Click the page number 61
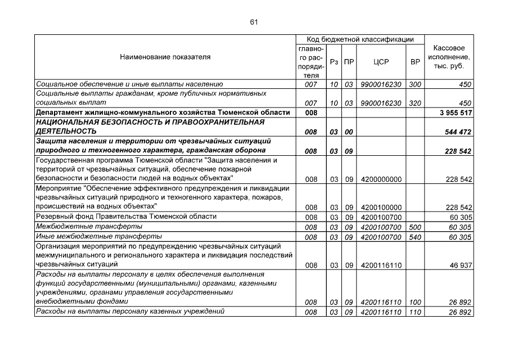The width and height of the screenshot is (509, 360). point(254,22)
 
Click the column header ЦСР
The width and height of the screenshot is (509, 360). point(381,62)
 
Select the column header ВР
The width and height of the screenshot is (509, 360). point(415,62)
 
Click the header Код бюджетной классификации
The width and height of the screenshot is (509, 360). point(360,40)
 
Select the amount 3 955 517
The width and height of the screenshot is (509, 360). point(454,112)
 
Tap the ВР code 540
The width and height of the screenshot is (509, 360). point(415,237)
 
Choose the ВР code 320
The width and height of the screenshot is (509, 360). point(415,103)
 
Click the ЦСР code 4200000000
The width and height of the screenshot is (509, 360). point(381,179)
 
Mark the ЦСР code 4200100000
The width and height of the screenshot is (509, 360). point(381,208)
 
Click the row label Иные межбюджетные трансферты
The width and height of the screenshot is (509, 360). point(98,236)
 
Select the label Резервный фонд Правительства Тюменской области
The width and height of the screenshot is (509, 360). point(127,217)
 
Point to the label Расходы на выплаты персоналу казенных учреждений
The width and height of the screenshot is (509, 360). point(130,312)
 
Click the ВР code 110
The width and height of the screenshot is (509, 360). point(415,312)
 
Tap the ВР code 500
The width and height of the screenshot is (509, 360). point(415,227)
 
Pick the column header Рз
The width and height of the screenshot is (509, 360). point(334,62)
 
